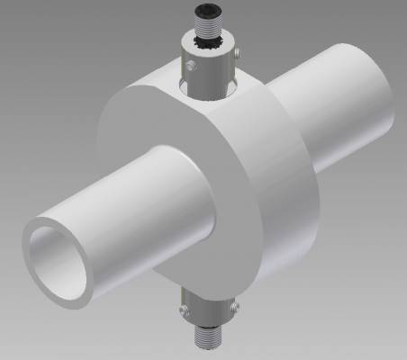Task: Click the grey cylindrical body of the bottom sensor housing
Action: (x=209, y=311)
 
